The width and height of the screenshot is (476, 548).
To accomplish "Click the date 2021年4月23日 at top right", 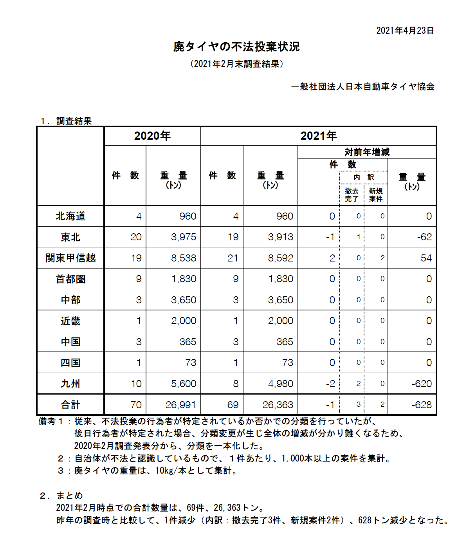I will tap(405, 31).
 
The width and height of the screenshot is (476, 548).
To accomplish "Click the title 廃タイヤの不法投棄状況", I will tap(236, 47).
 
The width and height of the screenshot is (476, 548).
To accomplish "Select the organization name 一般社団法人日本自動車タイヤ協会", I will tap(363, 87).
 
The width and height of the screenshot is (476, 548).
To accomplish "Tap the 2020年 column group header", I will tap(152, 136).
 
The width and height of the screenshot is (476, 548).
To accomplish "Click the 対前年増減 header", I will tap(367, 152).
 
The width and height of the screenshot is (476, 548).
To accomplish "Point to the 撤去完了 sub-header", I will tap(352, 195).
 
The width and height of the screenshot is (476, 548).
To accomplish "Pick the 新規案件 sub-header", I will tap(376, 195).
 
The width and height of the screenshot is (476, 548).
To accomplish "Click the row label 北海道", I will tap(70, 216).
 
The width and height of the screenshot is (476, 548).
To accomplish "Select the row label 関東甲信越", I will tap(70, 258).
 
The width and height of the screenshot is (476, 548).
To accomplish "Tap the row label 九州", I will tap(70, 384).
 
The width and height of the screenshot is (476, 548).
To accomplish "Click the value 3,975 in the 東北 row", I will tap(183, 237).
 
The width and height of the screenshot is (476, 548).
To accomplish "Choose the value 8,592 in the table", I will tap(280, 258).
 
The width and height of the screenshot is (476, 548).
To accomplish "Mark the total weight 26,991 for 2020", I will tap(180, 405).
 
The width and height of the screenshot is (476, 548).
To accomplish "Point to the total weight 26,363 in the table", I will tap(278, 405).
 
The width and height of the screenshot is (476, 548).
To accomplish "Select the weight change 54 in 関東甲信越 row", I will tap(426, 258).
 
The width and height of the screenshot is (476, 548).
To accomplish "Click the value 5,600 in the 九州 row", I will tap(183, 384).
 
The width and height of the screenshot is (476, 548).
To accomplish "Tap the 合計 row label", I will tap(70, 405).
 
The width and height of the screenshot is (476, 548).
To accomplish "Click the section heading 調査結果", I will tap(74, 121).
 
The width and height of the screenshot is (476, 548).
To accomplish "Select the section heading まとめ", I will tap(69, 496).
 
